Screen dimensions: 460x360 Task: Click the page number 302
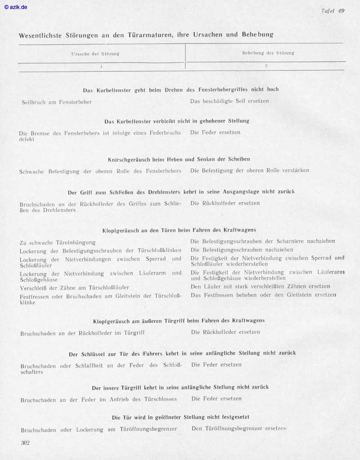coord(25,443)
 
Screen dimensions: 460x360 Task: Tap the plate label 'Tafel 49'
coord(333,11)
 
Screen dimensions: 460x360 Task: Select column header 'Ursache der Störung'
coord(95,54)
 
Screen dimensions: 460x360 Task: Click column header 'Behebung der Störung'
coord(268,53)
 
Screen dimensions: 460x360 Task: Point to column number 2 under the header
coord(266,66)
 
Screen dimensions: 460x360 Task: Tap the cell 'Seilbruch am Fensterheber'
coord(57,102)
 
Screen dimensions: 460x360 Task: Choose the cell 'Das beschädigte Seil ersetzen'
coord(229,101)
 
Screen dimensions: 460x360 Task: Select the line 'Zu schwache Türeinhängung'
coord(58,243)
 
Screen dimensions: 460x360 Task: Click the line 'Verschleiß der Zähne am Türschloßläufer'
coord(74,288)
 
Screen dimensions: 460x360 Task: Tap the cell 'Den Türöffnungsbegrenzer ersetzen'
coord(238,429)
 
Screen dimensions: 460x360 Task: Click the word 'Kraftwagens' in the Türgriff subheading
coord(248,321)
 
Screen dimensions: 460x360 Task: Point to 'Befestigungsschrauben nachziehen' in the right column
coord(242,250)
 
